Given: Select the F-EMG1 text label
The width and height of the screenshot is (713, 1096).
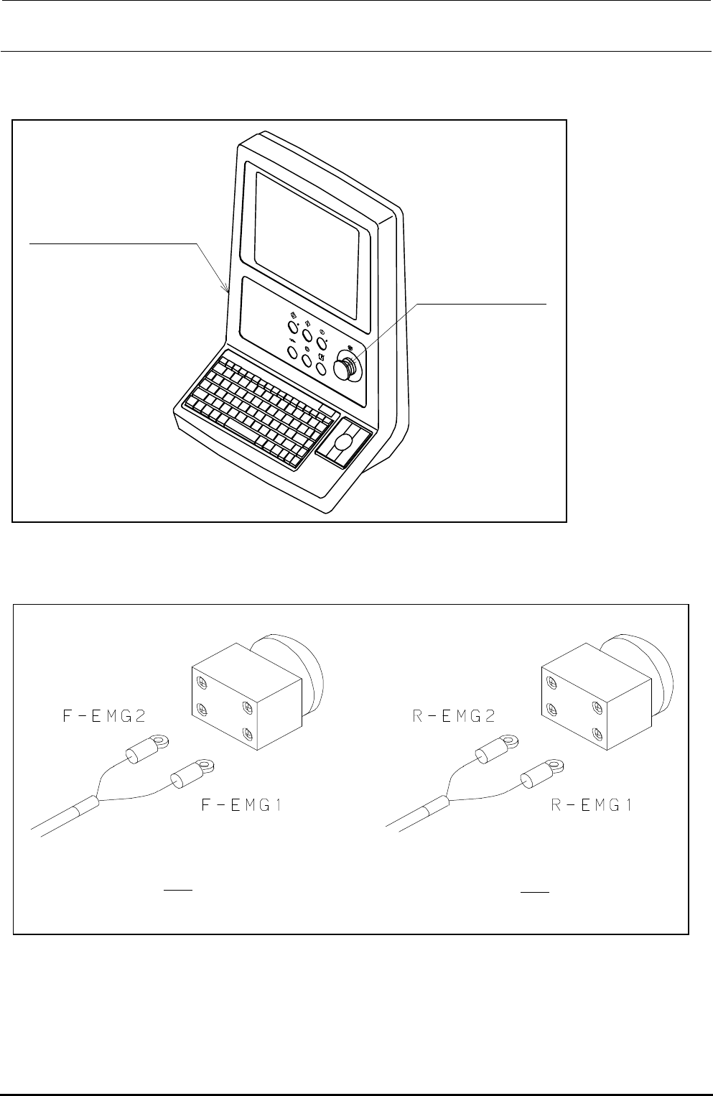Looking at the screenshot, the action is click(241, 806).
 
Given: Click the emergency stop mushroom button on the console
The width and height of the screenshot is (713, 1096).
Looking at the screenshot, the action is click(348, 367).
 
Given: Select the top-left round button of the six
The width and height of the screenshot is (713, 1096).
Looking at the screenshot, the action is click(293, 328).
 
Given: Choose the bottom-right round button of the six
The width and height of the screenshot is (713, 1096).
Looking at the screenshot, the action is click(320, 369).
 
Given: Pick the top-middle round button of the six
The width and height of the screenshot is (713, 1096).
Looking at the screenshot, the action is click(307, 336).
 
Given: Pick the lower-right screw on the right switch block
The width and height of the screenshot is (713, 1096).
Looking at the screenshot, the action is click(595, 734).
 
